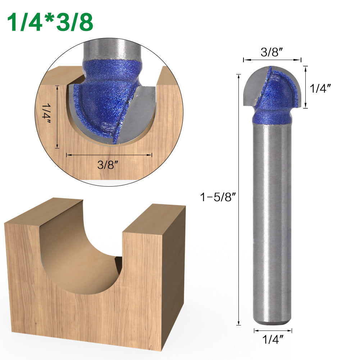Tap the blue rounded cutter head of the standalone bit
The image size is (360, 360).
279,92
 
